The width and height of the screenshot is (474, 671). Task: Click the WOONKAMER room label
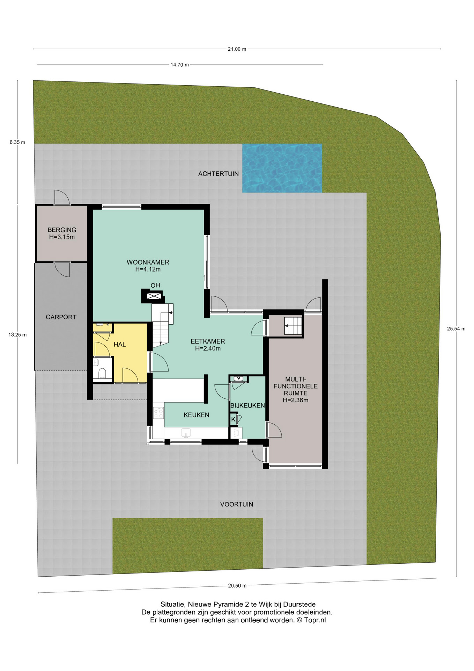[148, 262]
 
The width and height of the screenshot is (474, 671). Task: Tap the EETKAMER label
[208, 341]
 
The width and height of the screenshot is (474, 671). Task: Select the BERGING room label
[62, 230]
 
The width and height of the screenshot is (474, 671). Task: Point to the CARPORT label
[61, 317]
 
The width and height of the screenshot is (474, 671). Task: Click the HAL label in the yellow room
[120, 345]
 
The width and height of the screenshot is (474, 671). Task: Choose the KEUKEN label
[197, 415]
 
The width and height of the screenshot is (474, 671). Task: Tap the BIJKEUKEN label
[247, 405]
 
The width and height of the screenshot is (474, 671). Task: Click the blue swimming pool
[282, 168]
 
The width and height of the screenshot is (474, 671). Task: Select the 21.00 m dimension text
[237, 49]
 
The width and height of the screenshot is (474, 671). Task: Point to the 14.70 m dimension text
[180, 65]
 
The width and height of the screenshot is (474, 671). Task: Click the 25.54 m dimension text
[456, 329]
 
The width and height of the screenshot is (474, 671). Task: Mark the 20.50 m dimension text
[237, 586]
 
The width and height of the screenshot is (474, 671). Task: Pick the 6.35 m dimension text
[17, 142]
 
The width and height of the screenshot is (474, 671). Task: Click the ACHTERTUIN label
[219, 174]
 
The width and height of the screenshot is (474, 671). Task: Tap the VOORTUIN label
[237, 504]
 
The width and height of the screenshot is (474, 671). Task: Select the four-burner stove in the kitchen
[159, 412]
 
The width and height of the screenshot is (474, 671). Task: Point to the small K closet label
[233, 419]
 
